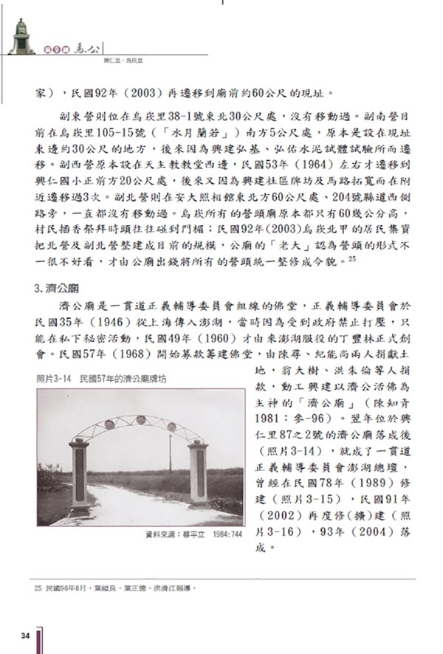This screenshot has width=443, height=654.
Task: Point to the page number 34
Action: click(x=25, y=635)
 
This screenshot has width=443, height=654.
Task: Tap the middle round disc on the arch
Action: click(x=138, y=419)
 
